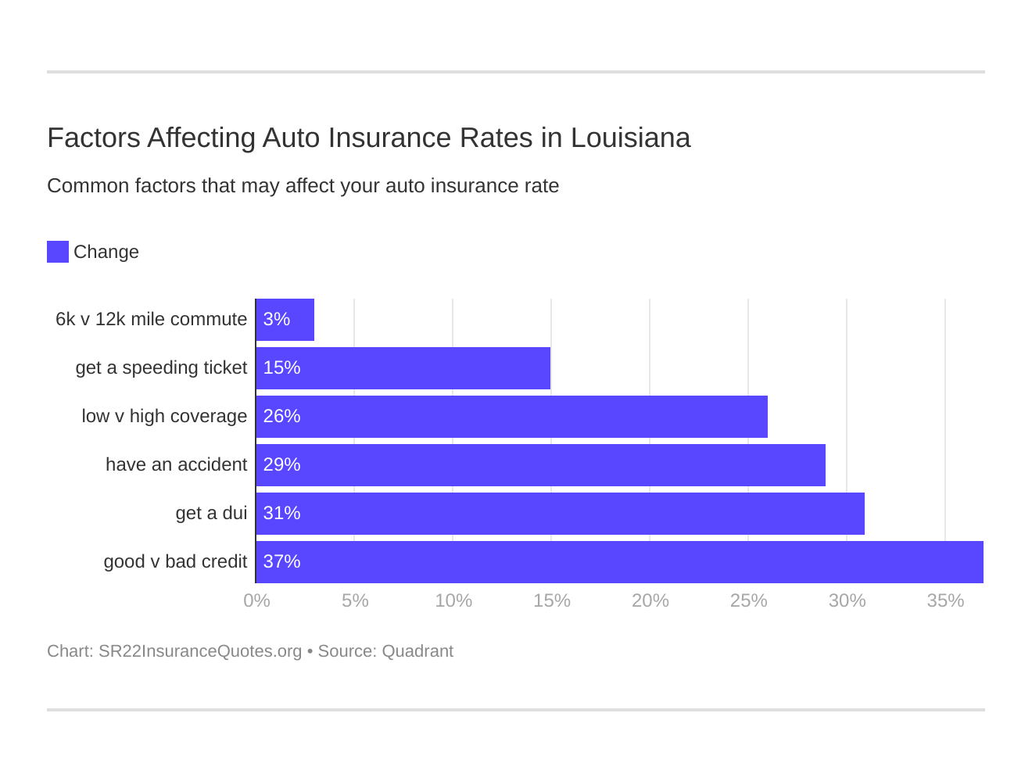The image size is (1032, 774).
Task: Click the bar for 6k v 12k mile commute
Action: [285, 320]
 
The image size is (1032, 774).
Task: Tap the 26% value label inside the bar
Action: [281, 417]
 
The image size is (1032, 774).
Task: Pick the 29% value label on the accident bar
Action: [281, 465]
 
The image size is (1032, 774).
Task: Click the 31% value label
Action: [281, 514]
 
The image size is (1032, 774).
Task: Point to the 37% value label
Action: [281, 562]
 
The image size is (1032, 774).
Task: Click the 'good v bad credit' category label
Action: [175, 562]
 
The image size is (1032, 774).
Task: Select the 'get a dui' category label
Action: [211, 514]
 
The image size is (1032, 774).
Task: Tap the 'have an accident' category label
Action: [176, 465]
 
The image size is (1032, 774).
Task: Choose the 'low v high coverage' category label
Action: [164, 417]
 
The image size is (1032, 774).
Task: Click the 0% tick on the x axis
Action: [256, 601]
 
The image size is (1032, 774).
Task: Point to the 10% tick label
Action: [453, 601]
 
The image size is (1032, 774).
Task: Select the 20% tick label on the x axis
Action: [650, 601]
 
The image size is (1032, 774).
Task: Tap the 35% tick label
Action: [945, 601]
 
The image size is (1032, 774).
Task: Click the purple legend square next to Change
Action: [58, 252]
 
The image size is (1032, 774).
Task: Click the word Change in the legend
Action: [106, 253]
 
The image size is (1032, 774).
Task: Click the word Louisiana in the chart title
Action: [630, 138]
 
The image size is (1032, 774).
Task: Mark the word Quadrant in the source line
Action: [417, 651]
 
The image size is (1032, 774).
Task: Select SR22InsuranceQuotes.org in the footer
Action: [200, 651]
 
